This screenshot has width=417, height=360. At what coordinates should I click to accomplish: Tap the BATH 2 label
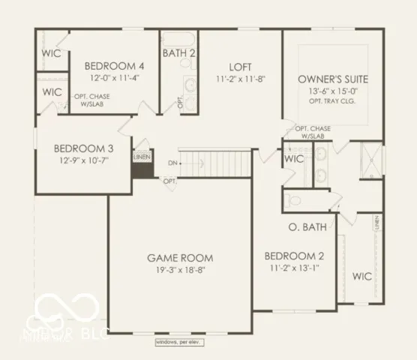point(179,53)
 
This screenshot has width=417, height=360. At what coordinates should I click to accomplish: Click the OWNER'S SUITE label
point(331,79)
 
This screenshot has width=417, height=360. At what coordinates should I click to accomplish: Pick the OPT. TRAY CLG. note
point(331,100)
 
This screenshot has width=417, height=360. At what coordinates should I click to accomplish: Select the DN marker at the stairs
point(172,163)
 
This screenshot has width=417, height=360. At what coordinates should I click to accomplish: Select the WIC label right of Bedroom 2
point(362,276)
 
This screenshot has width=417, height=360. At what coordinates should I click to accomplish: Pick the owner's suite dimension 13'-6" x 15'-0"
point(331,91)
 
